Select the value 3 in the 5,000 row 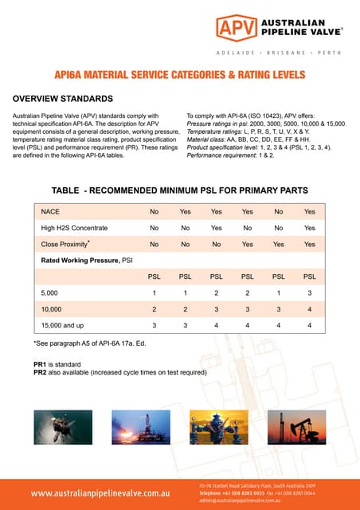(x=310, y=293)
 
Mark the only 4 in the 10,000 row (x=310, y=309)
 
